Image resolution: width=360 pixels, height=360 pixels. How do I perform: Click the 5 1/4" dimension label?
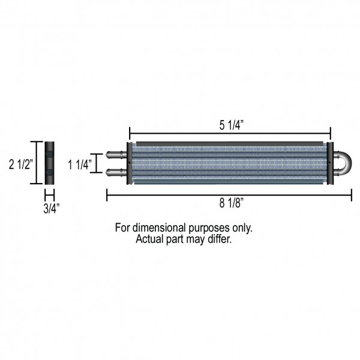tap(231, 125)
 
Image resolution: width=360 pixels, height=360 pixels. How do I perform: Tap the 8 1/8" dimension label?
tap(231, 203)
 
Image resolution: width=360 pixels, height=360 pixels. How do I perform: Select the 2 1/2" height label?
tap(21, 164)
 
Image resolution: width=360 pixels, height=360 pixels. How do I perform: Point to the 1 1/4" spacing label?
tap(80, 164)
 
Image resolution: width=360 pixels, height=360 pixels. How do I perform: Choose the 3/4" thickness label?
tap(52, 208)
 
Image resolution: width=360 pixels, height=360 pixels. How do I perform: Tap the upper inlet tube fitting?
tap(116, 155)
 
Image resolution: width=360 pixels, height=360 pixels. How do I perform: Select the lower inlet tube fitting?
tap(116, 172)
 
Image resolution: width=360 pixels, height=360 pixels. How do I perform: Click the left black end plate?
tap(130, 163)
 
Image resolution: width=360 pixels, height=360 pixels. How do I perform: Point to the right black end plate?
tap(330, 163)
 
